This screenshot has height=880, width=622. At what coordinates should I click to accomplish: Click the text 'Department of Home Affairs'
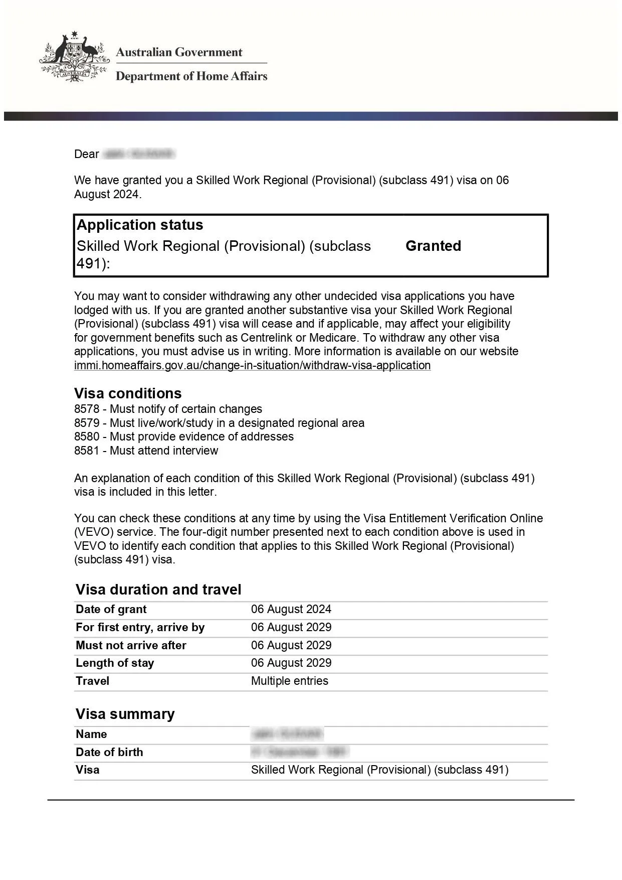pos(191,76)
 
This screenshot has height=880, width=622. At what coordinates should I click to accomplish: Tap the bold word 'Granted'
pos(433,246)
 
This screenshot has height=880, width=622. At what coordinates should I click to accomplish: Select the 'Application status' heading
pos(140,225)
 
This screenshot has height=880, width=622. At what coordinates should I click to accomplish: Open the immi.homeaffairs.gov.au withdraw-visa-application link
pos(252,365)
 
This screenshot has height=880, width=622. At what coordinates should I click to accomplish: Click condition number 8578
pos(87,409)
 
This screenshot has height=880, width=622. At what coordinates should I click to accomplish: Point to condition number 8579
pos(87,423)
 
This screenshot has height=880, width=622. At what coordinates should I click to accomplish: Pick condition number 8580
pos(87,436)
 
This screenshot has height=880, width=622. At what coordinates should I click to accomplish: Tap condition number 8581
pos(87,451)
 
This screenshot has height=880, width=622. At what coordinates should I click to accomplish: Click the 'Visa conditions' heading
pos(128,393)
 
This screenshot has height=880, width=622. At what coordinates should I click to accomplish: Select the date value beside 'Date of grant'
pos(291,609)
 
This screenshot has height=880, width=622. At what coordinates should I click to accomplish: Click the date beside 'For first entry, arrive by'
pos(291,627)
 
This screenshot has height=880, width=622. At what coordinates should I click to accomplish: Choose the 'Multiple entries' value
pos(290,681)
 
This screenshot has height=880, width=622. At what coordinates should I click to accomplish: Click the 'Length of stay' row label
pos(115,663)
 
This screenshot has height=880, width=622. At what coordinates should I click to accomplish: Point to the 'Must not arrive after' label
pos(131,645)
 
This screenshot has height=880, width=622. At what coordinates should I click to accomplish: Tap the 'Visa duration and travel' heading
pos(158,590)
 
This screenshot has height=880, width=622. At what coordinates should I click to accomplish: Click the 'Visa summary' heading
pos(125,714)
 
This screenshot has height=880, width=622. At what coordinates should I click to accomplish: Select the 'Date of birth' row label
pos(109,752)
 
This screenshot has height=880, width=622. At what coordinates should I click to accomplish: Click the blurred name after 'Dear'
pos(138,154)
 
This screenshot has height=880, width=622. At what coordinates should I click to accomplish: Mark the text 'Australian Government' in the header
pos(179,52)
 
